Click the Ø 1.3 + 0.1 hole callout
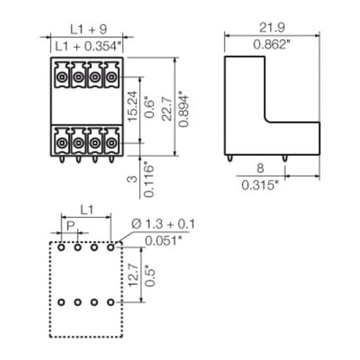coord(164,225)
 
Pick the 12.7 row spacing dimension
coord(130,276)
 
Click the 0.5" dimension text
coord(151,276)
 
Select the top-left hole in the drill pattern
coord(61,247)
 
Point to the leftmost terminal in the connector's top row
coord(61,77)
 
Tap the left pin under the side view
coord(229,158)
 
